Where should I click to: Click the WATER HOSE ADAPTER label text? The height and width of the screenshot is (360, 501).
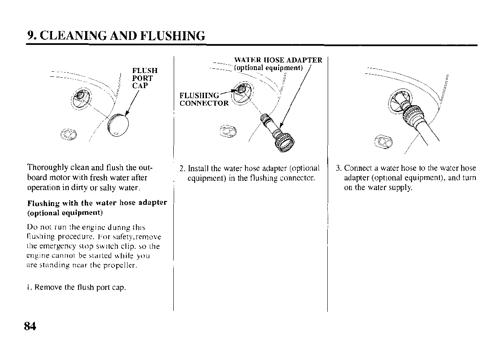[278, 60]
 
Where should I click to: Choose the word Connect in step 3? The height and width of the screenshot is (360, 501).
[358, 169]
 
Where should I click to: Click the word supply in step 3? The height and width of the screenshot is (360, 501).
[400, 188]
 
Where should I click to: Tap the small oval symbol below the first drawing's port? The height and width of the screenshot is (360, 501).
[68, 134]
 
